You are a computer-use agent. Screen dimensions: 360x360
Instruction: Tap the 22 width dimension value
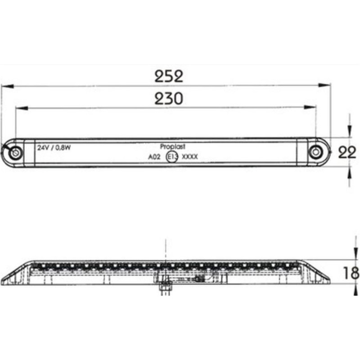pyautogui.click(x=347, y=153)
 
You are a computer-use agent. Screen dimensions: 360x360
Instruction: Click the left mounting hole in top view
pyautogui.click(x=15, y=153)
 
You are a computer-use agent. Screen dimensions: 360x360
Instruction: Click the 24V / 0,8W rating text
pyautogui.click(x=54, y=148)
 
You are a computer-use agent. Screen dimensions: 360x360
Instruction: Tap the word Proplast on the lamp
pyautogui.click(x=173, y=146)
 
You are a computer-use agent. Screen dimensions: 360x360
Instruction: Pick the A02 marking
pyautogui.click(x=154, y=157)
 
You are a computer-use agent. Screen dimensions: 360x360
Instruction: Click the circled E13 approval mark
pyautogui.click(x=171, y=157)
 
